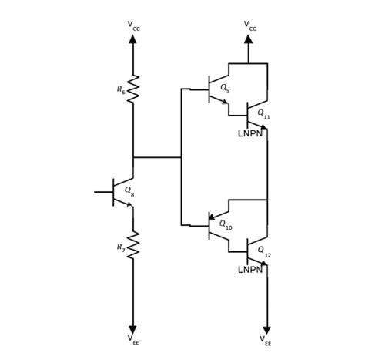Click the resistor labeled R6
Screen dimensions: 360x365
(x=133, y=89)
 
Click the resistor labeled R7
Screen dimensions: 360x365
(x=133, y=245)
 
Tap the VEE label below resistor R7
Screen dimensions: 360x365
(x=133, y=340)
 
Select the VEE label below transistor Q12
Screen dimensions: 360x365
(x=266, y=340)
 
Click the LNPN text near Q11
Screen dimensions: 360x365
(x=251, y=133)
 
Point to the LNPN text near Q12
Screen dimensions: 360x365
(x=251, y=270)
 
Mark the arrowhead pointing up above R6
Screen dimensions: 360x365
(x=133, y=39)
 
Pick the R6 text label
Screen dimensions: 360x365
(x=121, y=90)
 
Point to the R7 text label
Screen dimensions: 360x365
(x=121, y=247)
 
